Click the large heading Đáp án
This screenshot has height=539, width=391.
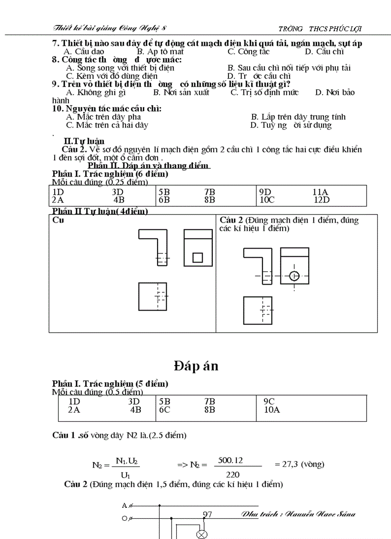point(195,366)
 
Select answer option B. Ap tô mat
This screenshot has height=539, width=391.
point(160,52)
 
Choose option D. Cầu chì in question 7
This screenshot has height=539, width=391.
point(324,52)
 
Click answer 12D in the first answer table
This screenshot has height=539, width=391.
point(322,200)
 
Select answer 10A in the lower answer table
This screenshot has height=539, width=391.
point(272,410)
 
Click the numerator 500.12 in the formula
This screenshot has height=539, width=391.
point(230,460)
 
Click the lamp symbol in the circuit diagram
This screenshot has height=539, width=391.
point(202,535)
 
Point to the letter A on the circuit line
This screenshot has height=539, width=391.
point(125,505)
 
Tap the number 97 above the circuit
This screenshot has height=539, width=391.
point(207,515)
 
